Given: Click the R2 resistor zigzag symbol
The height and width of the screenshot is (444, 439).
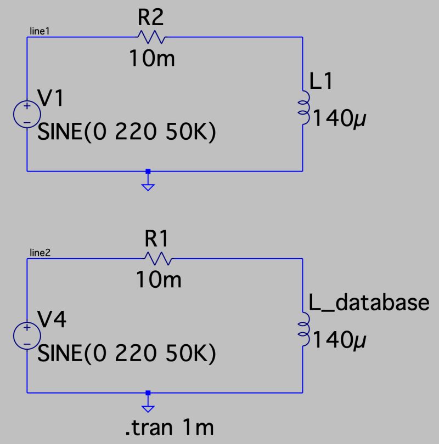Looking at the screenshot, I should point(150,37).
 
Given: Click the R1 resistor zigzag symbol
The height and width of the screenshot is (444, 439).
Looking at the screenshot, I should point(158,258).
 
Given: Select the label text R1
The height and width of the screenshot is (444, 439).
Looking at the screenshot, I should point(158,238).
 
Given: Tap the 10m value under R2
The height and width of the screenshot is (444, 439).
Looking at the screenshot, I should point(152,58).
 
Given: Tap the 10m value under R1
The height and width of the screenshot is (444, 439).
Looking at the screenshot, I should point(159,280).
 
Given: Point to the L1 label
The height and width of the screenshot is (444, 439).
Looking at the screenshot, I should point(321,82).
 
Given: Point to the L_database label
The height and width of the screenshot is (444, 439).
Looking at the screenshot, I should point(368,303).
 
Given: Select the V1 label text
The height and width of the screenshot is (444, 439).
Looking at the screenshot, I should point(50,99).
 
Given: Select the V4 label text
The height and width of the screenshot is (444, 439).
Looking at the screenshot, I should point(52,320).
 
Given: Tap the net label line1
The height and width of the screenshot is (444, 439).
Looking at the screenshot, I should point(40,32).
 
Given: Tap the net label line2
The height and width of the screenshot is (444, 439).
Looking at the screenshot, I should point(40,253).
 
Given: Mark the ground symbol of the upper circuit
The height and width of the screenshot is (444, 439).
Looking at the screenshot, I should point(148,185).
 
